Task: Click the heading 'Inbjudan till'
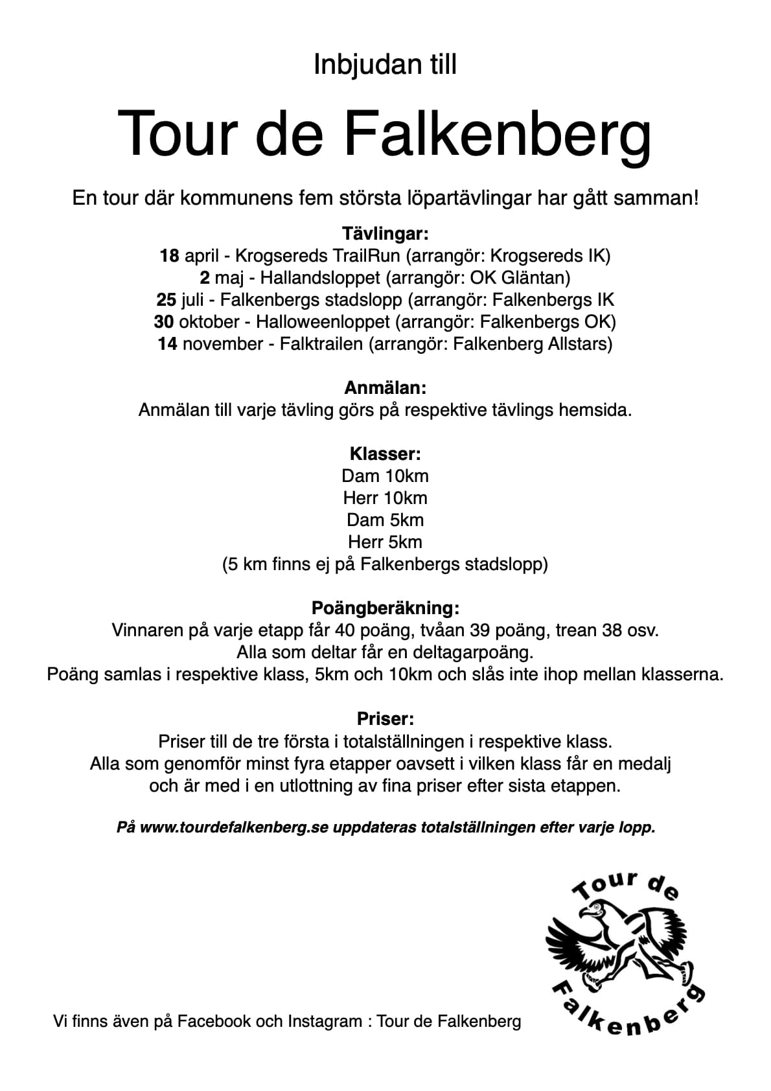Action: pos(385,65)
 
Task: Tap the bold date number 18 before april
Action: pos(169,255)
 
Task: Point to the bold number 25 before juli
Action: pos(166,299)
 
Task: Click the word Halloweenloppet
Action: pos(323,321)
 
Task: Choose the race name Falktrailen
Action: pos(321,343)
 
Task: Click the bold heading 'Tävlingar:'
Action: pos(385,233)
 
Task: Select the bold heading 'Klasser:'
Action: pos(385,454)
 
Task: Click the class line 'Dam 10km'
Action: pos(385,476)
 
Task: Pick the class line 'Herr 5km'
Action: pos(385,542)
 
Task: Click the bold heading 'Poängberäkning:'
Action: pos(385,608)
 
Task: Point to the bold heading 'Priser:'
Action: pos(385,718)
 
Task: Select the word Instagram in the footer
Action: pos(325,1021)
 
